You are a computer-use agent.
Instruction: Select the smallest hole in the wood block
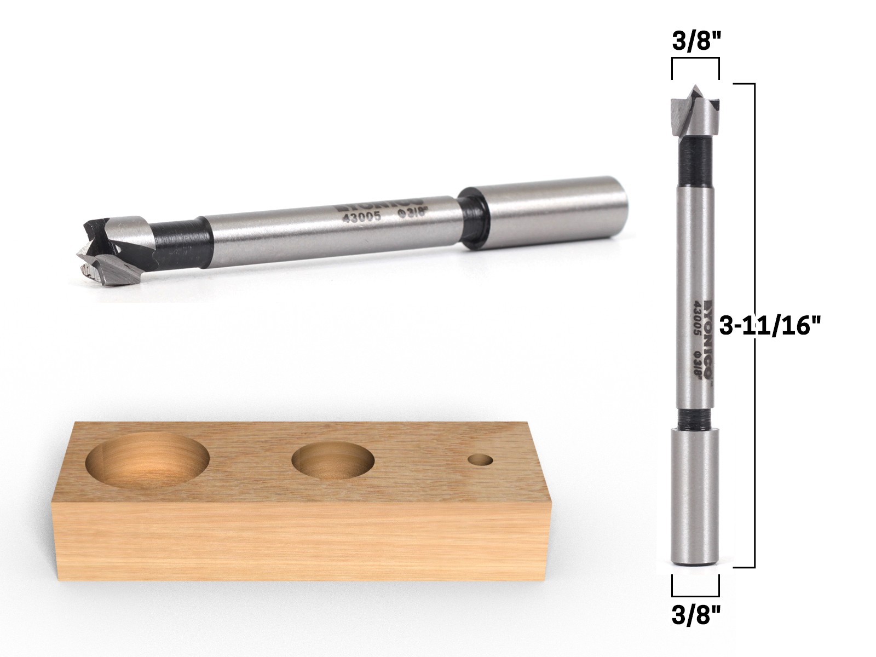click(x=480, y=459)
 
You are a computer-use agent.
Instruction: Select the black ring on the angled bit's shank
click(x=472, y=219)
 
